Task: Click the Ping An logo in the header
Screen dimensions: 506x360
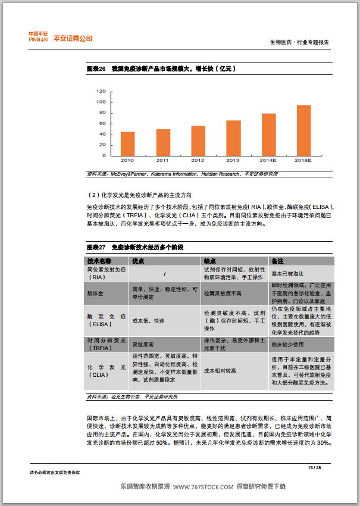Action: (61, 38)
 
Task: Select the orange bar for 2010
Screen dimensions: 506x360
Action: (127, 143)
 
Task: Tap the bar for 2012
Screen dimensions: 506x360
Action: (198, 140)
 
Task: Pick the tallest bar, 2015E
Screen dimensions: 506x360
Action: (303, 130)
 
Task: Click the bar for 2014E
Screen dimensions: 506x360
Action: (268, 135)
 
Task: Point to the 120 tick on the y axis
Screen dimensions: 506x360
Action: (101, 92)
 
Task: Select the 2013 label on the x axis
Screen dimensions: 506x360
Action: (233, 161)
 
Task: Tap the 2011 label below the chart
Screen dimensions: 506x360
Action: (162, 161)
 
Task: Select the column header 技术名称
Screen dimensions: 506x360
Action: (99, 261)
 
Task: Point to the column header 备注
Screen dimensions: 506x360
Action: (278, 261)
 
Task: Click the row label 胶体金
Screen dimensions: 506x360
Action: (95, 294)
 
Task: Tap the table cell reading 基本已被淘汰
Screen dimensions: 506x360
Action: (288, 274)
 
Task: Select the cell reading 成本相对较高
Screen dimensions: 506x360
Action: (220, 371)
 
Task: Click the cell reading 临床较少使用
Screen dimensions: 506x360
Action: (289, 345)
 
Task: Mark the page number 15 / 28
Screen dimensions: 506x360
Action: (314, 467)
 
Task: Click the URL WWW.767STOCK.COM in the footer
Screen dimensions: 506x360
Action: (204, 487)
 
